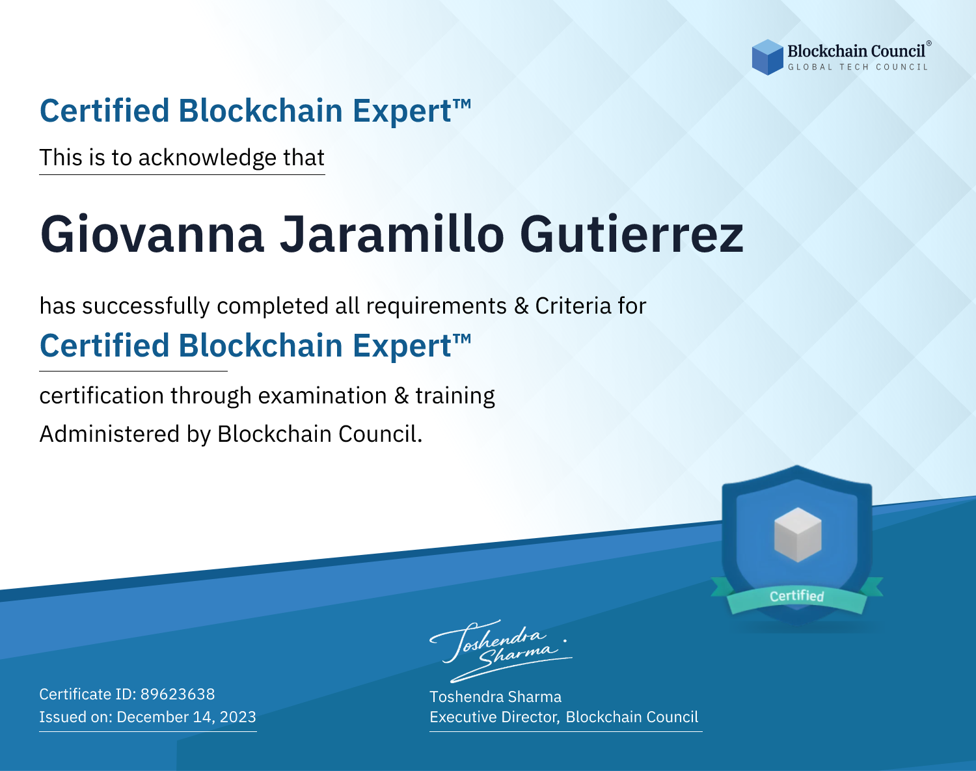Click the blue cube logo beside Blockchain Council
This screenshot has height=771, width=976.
click(767, 57)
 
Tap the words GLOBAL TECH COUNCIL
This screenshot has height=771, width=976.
click(858, 67)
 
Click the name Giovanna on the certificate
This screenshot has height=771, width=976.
click(152, 234)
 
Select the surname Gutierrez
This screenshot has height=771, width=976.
click(632, 234)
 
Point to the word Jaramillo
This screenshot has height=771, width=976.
click(392, 234)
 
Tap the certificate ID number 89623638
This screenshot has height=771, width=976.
click(178, 694)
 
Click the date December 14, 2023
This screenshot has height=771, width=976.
click(186, 716)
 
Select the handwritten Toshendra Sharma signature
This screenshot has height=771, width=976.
click(501, 651)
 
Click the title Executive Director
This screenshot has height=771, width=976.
click(493, 717)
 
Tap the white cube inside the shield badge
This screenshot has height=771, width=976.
click(798, 535)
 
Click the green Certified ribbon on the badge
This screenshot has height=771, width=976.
click(797, 595)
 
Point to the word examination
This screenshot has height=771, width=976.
click(323, 396)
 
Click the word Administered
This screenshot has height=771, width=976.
click(109, 434)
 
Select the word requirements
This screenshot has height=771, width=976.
click(437, 306)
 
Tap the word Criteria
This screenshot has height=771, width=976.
click(573, 306)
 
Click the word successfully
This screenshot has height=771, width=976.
click(146, 306)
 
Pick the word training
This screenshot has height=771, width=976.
click(455, 396)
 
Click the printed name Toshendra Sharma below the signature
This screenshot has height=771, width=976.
click(495, 697)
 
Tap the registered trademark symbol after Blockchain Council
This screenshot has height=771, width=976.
click(929, 43)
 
